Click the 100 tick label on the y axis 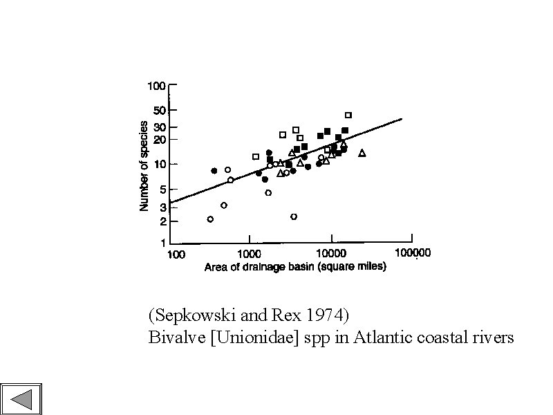coord(156,86)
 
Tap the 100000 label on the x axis coord(412,253)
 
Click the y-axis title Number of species coord(144,166)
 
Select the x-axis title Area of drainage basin coord(295,267)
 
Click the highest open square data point coord(348,115)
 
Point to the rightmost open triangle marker coord(362,153)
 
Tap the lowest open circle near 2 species coord(210,219)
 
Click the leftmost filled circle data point coord(214,171)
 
